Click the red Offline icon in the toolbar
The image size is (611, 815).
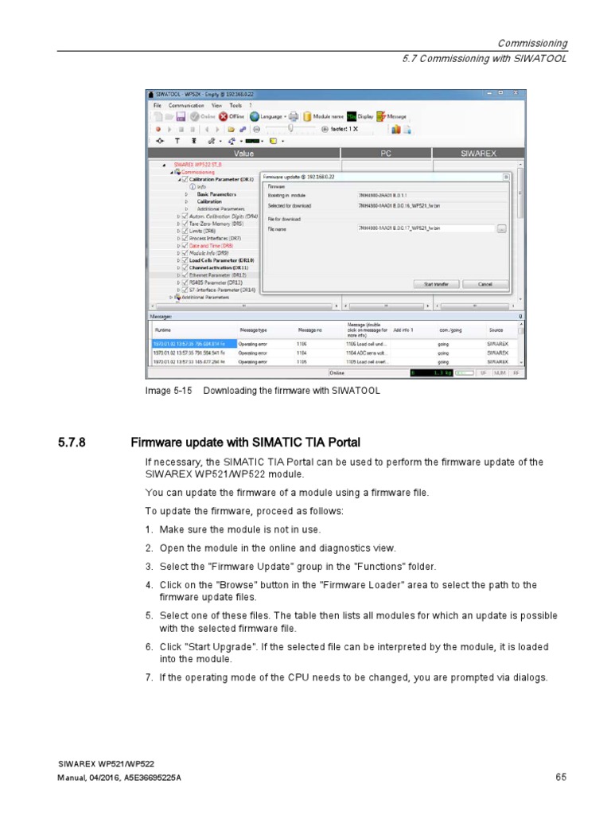[224, 116]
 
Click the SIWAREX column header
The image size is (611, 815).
[480, 154]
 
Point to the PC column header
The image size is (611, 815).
[383, 154]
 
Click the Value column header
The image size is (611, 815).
[243, 154]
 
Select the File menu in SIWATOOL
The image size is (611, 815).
[157, 105]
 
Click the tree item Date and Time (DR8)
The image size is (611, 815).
[204, 246]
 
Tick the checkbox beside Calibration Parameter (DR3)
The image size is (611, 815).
[185, 179]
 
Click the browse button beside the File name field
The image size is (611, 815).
[501, 229]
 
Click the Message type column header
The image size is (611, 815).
[254, 329]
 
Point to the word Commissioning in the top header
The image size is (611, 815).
[532, 44]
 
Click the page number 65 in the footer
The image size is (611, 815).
[560, 776]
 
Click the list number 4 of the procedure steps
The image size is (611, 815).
[148, 585]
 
